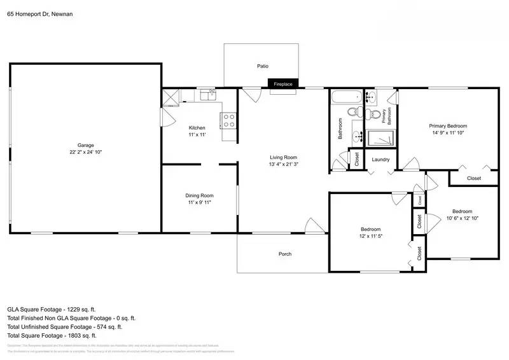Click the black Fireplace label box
(283, 84)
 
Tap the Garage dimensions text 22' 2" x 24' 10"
(86, 153)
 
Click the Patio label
(262, 66)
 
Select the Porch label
(285, 254)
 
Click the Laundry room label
(380, 160)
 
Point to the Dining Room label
(200, 195)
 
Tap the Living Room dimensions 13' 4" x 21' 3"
(283, 164)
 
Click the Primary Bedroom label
(448, 126)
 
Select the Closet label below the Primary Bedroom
(474, 178)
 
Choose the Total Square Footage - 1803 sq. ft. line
(52, 335)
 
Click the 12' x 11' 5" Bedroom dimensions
(370, 236)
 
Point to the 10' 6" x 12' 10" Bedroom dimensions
(462, 218)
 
